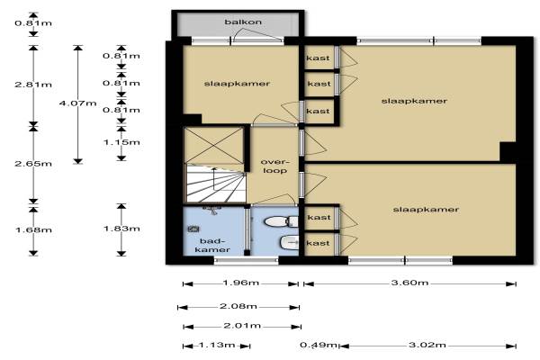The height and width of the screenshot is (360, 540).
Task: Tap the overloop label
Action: tap(274, 166)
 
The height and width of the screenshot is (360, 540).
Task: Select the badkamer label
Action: tap(212, 246)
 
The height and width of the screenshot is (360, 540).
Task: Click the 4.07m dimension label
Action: tap(77, 103)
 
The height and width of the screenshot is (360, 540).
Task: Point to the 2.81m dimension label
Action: tap(33, 85)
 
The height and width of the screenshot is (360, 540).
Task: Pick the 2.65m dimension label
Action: tap(33, 163)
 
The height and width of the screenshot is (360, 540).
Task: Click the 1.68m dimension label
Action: tap(33, 229)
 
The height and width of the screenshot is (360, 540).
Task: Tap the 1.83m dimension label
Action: tap(121, 229)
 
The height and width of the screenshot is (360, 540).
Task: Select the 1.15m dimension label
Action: tap(121, 142)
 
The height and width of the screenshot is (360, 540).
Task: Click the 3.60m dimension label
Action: tap(409, 283)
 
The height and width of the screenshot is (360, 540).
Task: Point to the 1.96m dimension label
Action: tap(240, 283)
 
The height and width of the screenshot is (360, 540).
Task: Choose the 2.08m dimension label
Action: tap(238, 306)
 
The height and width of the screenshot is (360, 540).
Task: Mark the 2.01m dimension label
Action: tap(242, 326)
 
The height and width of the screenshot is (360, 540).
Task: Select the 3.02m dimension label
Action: tap(427, 345)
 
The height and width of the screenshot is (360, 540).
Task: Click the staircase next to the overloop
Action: tap(216, 184)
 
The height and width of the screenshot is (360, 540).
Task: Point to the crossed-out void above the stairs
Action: tap(214, 145)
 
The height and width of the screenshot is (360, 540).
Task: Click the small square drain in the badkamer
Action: tap(193, 229)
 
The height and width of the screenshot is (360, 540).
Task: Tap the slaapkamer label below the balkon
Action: tap(237, 84)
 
